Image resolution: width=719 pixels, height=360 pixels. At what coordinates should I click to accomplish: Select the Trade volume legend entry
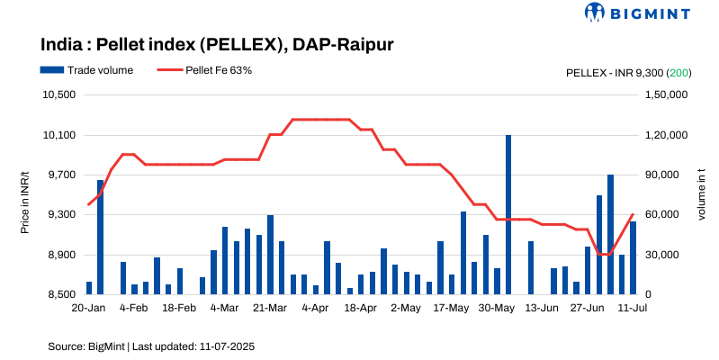pos(86,70)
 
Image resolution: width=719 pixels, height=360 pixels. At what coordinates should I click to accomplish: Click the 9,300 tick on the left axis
pos(63,215)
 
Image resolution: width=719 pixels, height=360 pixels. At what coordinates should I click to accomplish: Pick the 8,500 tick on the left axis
pos(63,294)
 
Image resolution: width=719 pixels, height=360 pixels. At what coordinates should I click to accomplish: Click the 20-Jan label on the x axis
pos(89,308)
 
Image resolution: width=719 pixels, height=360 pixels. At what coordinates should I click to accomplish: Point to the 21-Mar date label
pos(270,308)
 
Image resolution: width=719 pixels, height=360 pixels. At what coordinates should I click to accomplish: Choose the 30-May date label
pos(497,308)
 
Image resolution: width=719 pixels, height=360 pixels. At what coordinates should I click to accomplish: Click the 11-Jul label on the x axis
pos(633,308)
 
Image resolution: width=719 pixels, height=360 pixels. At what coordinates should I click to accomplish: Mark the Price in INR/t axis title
pos(25,194)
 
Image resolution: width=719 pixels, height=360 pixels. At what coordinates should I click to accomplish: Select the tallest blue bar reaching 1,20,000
pos(508,214)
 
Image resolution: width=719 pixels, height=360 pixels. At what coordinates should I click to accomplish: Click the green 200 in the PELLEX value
pos(679,71)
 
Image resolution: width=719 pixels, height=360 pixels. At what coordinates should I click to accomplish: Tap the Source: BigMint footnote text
pos(152,346)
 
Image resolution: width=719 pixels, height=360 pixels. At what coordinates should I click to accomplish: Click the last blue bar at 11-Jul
pos(633,257)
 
